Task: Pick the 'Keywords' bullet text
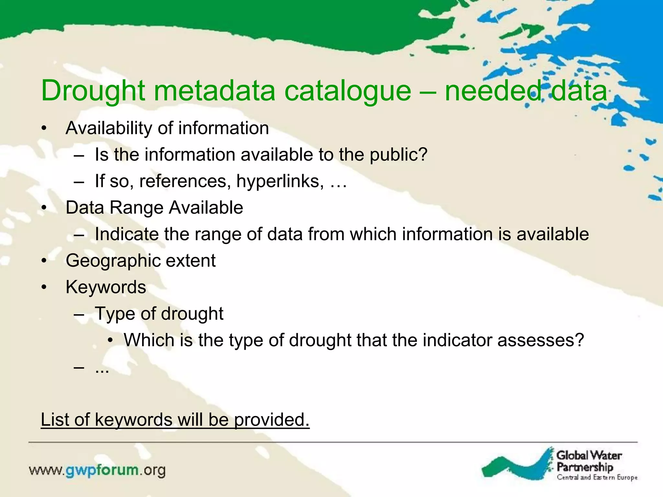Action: (x=106, y=287)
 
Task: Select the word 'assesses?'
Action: (x=541, y=340)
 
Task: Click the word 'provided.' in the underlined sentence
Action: (x=272, y=420)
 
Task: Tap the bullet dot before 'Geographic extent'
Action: (x=44, y=261)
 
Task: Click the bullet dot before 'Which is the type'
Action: (x=111, y=340)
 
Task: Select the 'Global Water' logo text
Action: (x=589, y=456)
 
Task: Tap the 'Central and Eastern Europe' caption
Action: (x=597, y=478)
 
